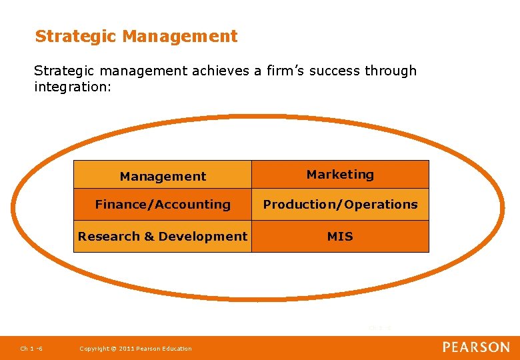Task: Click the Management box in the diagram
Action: (x=163, y=176)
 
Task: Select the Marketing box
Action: (x=340, y=175)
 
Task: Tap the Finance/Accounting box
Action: (x=163, y=205)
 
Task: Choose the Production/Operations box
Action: (x=340, y=205)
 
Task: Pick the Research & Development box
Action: (x=163, y=236)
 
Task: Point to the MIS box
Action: (x=340, y=236)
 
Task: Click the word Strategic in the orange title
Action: (x=77, y=36)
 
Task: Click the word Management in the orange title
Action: (x=180, y=36)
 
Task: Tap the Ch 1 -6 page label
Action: (x=31, y=348)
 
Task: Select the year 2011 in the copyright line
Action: (x=126, y=349)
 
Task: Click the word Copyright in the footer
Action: (x=94, y=349)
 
